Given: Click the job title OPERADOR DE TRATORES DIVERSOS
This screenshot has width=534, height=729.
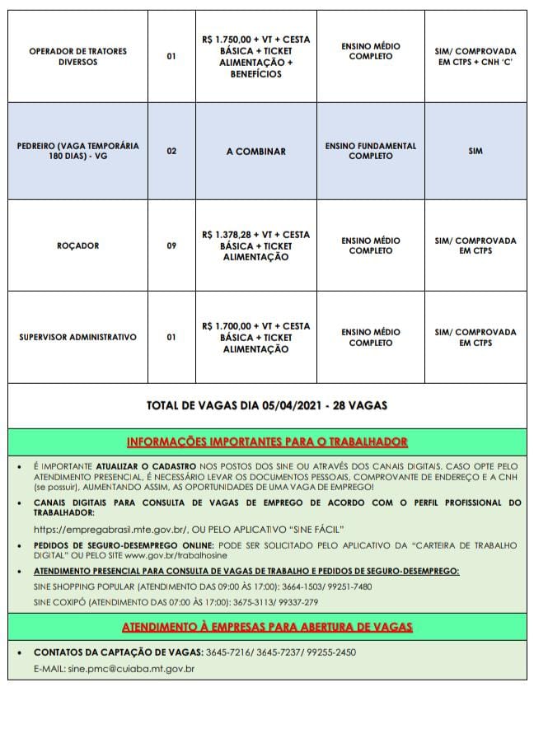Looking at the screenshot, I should click(x=77, y=56).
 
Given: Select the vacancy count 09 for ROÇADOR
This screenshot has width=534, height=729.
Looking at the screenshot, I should click(x=171, y=245).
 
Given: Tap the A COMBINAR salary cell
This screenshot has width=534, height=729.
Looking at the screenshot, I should click(x=255, y=152).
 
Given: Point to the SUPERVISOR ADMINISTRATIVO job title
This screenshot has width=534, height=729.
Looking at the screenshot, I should click(x=77, y=337).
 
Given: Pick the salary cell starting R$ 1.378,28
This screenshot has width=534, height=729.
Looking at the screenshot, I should click(x=255, y=245).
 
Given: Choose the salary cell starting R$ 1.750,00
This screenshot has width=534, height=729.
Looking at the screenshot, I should click(x=255, y=56).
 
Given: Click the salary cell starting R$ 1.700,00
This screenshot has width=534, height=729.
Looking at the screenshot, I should click(x=255, y=337).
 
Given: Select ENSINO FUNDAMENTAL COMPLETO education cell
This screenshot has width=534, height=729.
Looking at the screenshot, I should click(x=370, y=151).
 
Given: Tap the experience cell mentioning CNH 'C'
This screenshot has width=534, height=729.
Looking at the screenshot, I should click(x=475, y=56).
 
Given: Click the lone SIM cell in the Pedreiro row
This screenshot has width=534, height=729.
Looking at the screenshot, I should click(x=475, y=152).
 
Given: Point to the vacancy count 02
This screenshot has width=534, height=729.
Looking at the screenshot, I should click(x=171, y=152).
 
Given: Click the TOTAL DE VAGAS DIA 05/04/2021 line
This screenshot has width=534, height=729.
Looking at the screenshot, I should click(x=266, y=405).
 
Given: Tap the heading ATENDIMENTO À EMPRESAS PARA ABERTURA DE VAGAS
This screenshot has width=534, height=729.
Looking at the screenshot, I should click(x=266, y=627).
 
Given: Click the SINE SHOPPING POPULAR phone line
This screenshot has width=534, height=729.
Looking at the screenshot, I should click(x=202, y=586).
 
